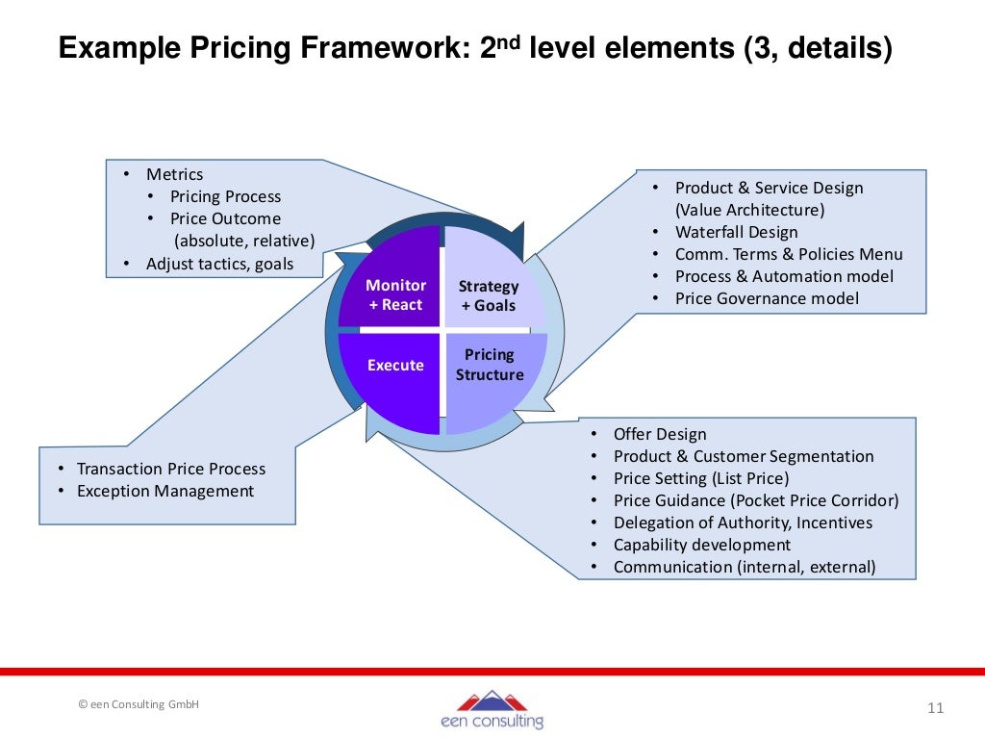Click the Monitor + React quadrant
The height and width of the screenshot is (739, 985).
pyautogui.click(x=394, y=289)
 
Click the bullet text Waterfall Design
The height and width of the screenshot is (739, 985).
pyautogui.click(x=736, y=232)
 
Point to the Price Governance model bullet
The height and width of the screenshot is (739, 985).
pyautogui.click(x=767, y=298)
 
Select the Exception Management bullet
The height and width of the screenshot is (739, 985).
pyautogui.click(x=165, y=491)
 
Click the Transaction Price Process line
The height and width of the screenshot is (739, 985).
pyautogui.click(x=171, y=469)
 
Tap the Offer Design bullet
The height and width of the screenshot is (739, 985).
pyautogui.click(x=660, y=434)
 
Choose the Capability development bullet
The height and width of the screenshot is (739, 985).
pyautogui.click(x=702, y=545)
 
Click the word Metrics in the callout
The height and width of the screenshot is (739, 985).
pyautogui.click(x=174, y=174)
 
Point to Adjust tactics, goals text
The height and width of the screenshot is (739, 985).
pyautogui.click(x=219, y=264)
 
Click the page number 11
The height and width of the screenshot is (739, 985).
pyautogui.click(x=935, y=709)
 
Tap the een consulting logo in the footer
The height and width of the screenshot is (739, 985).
pyautogui.click(x=492, y=709)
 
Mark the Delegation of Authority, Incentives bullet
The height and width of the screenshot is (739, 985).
pyautogui.click(x=743, y=522)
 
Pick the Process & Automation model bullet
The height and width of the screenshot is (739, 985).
pyautogui.click(x=784, y=276)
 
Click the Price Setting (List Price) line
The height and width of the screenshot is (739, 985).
pyautogui.click(x=700, y=478)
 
